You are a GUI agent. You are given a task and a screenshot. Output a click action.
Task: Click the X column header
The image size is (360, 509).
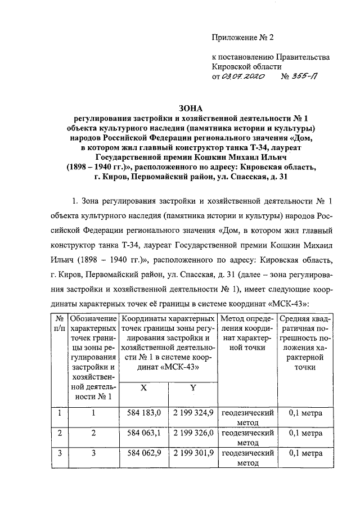143,388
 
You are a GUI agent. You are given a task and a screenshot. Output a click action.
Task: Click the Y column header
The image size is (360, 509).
192,388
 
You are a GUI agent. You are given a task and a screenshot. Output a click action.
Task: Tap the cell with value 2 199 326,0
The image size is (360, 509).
193,434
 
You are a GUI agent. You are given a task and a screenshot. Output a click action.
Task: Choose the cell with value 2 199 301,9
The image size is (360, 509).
193,454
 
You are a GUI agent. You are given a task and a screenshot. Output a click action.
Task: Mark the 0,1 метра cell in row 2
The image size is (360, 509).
305,434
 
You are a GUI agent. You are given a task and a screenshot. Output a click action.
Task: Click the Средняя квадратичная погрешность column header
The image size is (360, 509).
305,343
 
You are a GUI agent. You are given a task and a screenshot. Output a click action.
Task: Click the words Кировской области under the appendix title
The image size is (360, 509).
244,66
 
